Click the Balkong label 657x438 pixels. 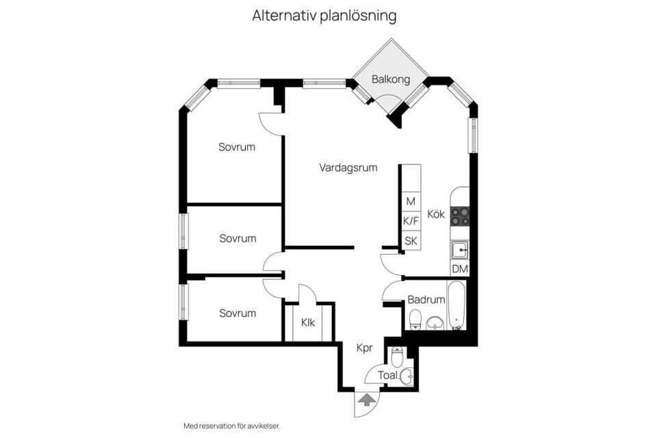tap(391, 79)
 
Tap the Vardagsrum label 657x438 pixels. tap(348, 168)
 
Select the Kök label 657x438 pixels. tap(436, 214)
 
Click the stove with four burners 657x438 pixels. tap(460, 217)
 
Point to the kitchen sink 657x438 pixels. tap(460, 250)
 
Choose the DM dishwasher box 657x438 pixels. tap(460, 269)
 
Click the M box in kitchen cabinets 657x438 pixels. tap(411, 201)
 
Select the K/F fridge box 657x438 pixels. tap(411, 221)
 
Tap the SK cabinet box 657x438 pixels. tap(411, 241)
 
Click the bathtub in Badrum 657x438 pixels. tap(456, 305)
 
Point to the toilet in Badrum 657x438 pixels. tap(415, 320)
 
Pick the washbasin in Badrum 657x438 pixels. tap(435, 323)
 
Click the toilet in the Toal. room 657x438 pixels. tap(396, 357)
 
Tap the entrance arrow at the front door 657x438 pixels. tap(367, 400)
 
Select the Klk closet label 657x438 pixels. tap(308, 322)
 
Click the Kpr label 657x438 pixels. tap(365, 348)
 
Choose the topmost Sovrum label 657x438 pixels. tap(237, 147)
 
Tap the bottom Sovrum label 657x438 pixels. tap(237, 313)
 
